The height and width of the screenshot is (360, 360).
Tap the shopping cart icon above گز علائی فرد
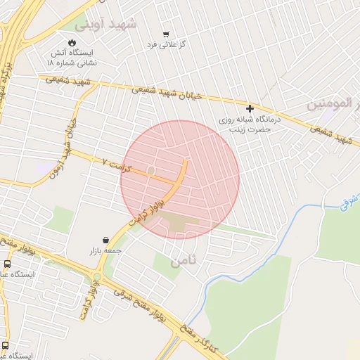(x=166, y=34)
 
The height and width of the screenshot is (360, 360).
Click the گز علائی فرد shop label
(x=166, y=45)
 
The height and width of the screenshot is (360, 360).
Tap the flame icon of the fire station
(x=72, y=41)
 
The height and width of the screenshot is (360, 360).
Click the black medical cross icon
(x=250, y=108)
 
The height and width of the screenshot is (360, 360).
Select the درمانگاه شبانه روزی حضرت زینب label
(x=250, y=124)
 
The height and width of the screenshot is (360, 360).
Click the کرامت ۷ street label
(x=116, y=162)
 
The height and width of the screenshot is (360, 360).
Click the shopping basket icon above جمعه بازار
(x=105, y=240)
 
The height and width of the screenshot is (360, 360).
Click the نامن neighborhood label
(x=185, y=261)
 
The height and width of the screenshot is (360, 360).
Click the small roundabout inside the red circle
(x=150, y=171)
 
